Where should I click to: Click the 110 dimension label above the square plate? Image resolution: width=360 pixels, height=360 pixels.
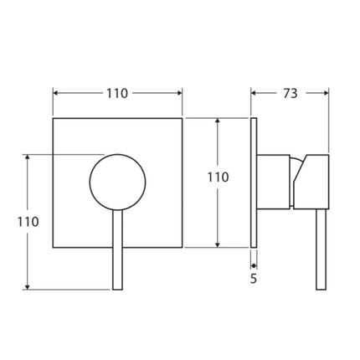pyautogui.click(x=118, y=94)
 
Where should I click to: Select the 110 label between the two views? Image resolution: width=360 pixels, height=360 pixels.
pyautogui.click(x=218, y=177)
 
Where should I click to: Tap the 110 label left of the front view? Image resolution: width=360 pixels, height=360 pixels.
pyautogui.click(x=28, y=222)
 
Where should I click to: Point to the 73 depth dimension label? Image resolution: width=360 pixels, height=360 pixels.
pyautogui.click(x=291, y=94)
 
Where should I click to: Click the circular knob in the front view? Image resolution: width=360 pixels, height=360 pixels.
pyautogui.click(x=117, y=182)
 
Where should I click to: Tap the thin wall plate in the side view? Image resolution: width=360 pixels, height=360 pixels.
pyautogui.click(x=254, y=183)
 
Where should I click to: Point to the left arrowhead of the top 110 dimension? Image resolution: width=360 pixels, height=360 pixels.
pyautogui.click(x=56, y=94)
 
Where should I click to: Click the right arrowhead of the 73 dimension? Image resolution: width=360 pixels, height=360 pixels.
pyautogui.click(x=327, y=94)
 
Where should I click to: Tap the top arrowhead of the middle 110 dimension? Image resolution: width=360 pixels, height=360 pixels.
pyautogui.click(x=218, y=121)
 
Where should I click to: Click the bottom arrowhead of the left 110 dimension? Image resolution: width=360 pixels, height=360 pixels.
pyautogui.click(x=28, y=285)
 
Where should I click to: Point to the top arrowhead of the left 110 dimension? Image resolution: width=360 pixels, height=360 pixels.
pyautogui.click(x=28, y=158)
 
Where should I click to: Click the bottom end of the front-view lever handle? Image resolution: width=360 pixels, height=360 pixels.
pyautogui.click(x=117, y=287)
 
